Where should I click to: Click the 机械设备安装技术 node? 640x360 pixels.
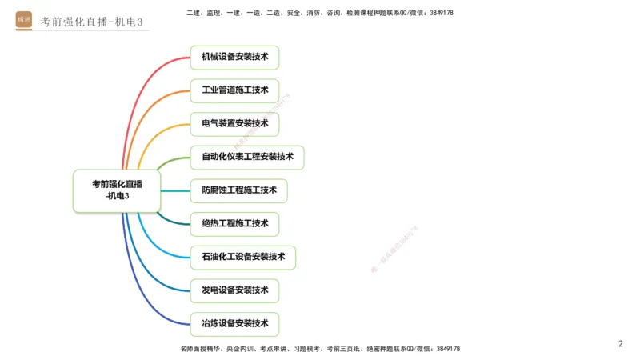click(234, 58)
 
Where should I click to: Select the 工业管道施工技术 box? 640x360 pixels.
click(234, 90)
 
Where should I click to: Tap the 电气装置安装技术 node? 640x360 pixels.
click(234, 124)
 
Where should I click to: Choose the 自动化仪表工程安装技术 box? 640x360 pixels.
click(247, 157)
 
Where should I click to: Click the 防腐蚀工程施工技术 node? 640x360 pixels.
click(238, 190)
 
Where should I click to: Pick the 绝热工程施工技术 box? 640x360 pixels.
click(234, 224)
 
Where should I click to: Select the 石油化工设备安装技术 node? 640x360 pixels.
click(243, 258)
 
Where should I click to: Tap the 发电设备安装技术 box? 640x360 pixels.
click(234, 290)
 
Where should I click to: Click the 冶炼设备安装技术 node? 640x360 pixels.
click(234, 324)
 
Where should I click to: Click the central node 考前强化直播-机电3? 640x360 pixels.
click(117, 190)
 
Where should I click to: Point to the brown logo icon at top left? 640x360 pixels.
click(24, 19)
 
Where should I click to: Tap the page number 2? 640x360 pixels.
click(620, 344)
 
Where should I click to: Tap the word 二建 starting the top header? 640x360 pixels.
click(192, 13)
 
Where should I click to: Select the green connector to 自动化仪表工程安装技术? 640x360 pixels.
click(172, 161)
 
